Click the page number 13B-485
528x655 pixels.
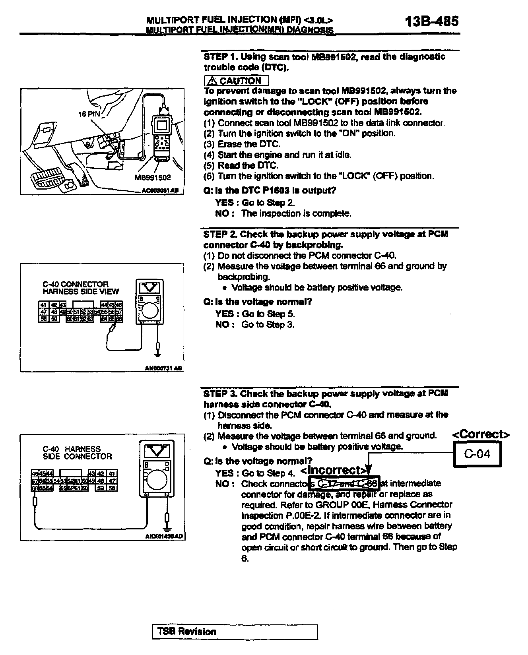[x=432, y=21]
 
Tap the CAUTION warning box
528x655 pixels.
[x=236, y=81]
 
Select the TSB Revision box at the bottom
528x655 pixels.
[x=235, y=632]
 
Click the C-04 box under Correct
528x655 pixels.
[x=477, y=454]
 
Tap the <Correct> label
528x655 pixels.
[x=481, y=434]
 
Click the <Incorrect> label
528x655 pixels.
[x=333, y=470]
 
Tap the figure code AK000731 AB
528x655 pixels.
[x=163, y=368]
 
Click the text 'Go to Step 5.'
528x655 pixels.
[x=268, y=314]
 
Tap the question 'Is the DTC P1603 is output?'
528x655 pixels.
[x=270, y=190]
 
